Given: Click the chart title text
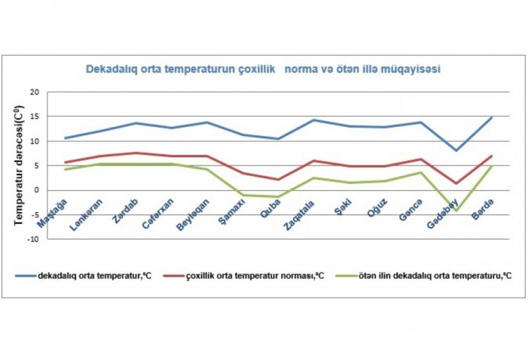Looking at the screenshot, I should (263, 70).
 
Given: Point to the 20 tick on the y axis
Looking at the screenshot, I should (34, 92).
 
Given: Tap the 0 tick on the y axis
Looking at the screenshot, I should (36, 190).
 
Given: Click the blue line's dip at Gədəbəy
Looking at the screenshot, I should (457, 150).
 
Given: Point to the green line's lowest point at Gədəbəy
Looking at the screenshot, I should (457, 211).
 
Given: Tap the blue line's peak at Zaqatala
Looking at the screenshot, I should (314, 120).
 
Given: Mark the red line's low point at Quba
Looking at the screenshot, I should (279, 180).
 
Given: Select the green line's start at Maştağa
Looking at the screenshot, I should (65, 169).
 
